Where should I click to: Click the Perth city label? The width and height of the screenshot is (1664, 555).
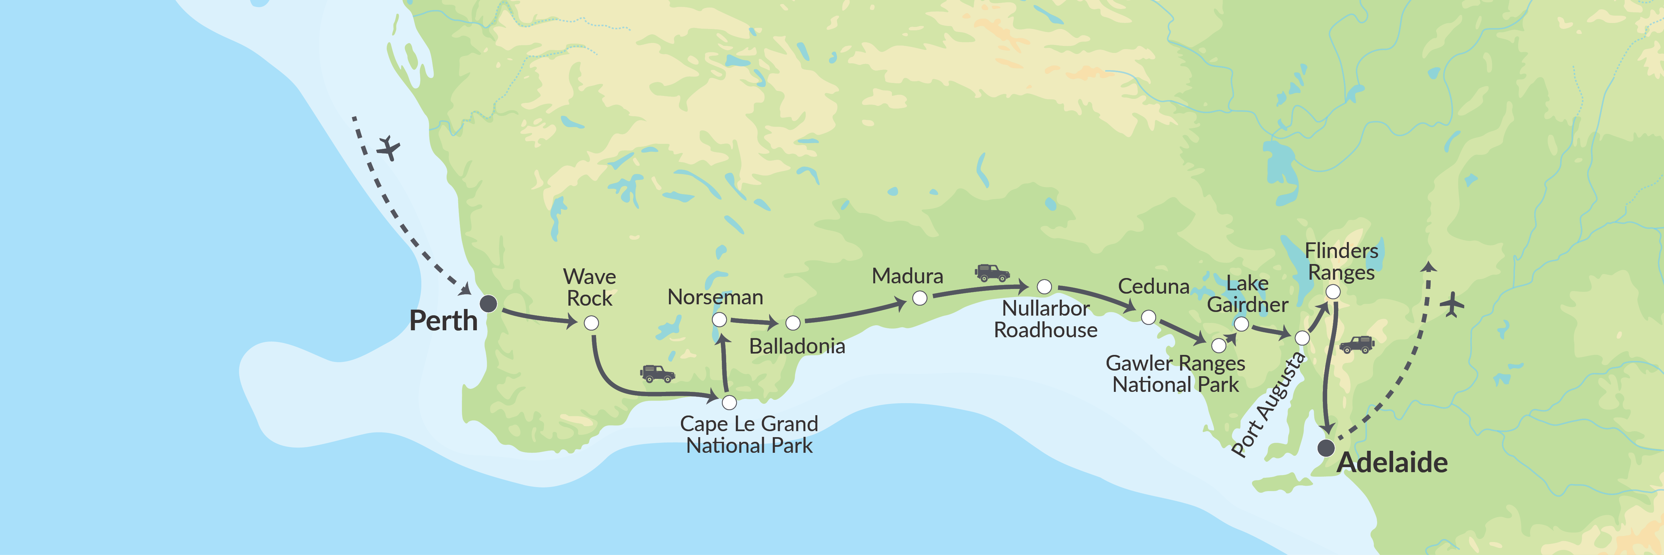coord(443,321)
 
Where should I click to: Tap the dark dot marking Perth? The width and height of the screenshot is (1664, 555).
coord(488,303)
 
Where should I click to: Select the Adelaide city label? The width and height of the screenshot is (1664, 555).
coord(1392,462)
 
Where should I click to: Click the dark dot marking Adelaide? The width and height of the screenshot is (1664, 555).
coord(1326,448)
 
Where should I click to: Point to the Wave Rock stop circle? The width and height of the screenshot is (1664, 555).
coord(591,323)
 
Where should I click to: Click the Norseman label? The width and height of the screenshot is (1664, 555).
coord(715,297)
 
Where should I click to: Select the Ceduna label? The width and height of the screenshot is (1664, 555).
coord(1154,286)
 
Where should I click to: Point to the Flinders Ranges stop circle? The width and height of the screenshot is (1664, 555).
coord(1333,292)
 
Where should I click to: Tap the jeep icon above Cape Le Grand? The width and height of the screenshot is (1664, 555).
coord(658,374)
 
